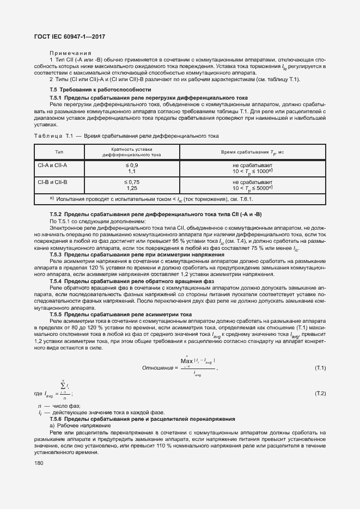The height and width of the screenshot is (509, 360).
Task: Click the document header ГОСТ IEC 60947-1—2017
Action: (x=70, y=36)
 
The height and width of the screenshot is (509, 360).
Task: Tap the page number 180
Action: (x=39, y=463)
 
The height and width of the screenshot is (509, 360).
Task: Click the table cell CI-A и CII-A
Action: (x=53, y=164)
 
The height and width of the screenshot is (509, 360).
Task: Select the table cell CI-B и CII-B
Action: (x=53, y=182)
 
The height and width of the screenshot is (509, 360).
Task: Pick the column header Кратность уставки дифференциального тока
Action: (x=132, y=152)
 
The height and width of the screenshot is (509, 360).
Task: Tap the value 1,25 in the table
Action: (x=132, y=188)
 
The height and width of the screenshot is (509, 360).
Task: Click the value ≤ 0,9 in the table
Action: (x=132, y=164)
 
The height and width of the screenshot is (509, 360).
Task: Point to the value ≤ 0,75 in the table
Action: (x=132, y=182)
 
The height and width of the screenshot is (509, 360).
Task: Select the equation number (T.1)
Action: (x=320, y=369)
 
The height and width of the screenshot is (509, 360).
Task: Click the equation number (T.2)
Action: (x=320, y=393)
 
